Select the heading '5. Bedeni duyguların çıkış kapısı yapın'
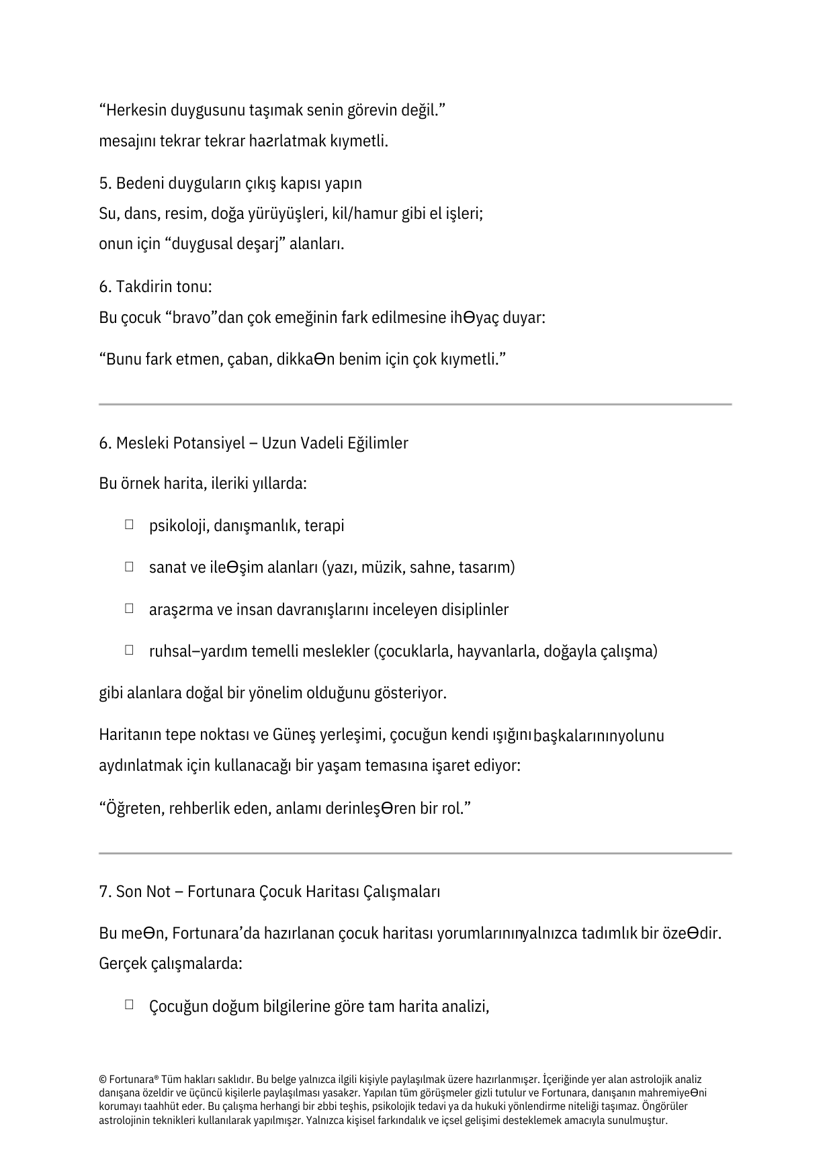(230, 183)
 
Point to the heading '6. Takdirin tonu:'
(155, 287)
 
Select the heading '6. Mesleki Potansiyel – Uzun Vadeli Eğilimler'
(253, 443)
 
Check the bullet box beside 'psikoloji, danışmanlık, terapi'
(128, 524)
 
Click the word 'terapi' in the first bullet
(324, 526)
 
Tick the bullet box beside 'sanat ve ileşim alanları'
(128, 567)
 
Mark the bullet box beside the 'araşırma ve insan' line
(128, 608)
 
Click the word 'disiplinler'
(475, 610)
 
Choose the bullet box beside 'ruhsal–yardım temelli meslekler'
(128, 650)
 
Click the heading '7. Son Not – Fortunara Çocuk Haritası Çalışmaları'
(269, 892)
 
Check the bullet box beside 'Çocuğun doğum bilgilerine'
(128, 1005)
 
